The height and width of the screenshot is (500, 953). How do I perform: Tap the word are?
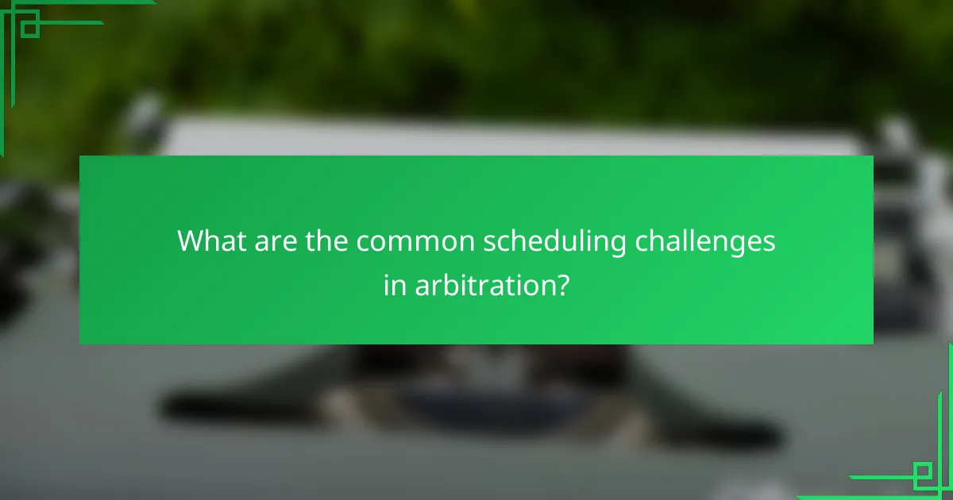pos(275,241)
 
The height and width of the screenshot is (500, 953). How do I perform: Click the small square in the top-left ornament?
pos(29,28)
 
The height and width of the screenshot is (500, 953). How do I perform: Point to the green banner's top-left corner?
pos(79,156)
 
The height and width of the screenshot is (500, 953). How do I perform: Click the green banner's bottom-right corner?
pos(873,344)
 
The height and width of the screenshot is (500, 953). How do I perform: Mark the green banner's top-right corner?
pos(873,156)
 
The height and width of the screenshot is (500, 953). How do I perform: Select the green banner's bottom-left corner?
pos(79,344)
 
